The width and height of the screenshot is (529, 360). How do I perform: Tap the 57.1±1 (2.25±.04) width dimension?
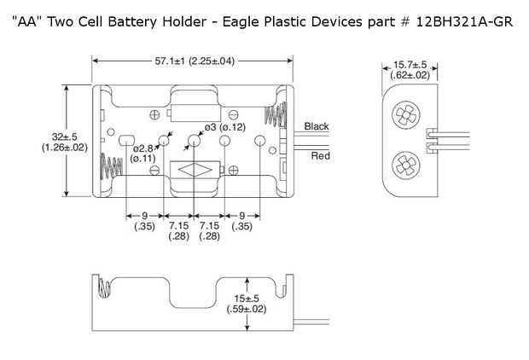pyautogui.click(x=195, y=61)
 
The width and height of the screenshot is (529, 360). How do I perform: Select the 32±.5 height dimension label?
pyautogui.click(x=64, y=141)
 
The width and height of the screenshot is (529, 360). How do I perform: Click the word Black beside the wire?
pyautogui.click(x=316, y=126)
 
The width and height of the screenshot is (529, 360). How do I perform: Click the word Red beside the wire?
pyautogui.click(x=320, y=155)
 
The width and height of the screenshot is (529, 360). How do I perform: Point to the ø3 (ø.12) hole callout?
pyautogui.click(x=219, y=127)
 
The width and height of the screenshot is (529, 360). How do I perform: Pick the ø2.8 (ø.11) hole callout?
pyautogui.click(x=142, y=152)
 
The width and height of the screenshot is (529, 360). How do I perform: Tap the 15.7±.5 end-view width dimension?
pyautogui.click(x=410, y=69)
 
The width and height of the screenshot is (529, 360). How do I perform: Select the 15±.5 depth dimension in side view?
pyautogui.click(x=247, y=303)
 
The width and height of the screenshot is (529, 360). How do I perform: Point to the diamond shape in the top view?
pyautogui.click(x=195, y=170)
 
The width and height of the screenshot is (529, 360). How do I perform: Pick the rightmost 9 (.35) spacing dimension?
pyautogui.click(x=243, y=221)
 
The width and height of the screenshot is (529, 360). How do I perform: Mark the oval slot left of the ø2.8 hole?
pyautogui.click(x=125, y=140)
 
